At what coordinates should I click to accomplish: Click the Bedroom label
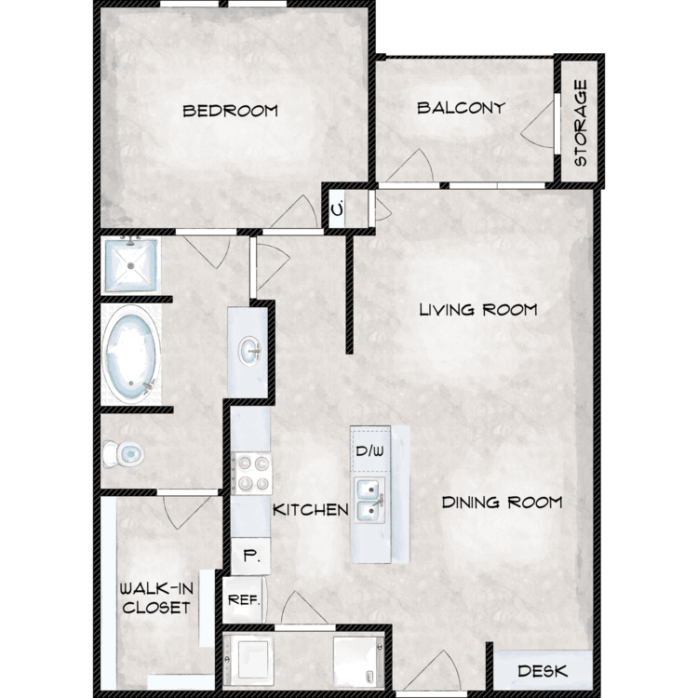[x=231, y=111]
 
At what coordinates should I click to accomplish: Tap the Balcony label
[x=462, y=108]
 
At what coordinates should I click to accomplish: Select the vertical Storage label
[x=581, y=123]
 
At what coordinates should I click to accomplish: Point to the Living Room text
[x=478, y=309]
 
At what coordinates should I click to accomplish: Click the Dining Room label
[x=502, y=503]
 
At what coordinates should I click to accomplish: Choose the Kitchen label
[x=310, y=510]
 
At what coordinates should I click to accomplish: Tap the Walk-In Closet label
[x=156, y=598]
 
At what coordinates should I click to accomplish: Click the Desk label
[x=543, y=671]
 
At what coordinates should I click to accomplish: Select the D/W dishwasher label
[x=369, y=451]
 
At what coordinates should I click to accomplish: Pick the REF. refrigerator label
[x=244, y=600]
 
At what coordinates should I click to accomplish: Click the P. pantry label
[x=251, y=556]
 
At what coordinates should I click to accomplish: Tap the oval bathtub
[x=131, y=355]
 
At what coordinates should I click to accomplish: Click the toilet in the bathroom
[x=123, y=454]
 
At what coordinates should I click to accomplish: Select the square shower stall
[x=130, y=265]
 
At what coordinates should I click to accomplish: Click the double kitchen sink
[x=369, y=500]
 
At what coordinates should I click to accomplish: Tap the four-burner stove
[x=252, y=473]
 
